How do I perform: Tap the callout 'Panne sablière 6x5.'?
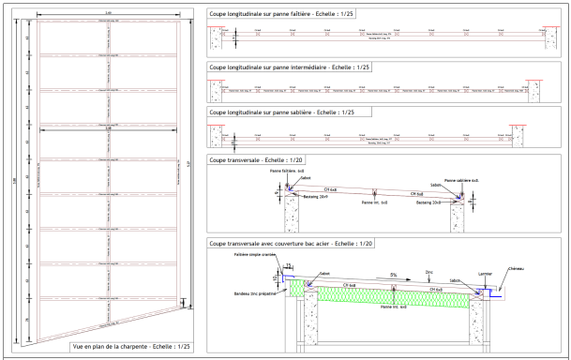tap(461, 179)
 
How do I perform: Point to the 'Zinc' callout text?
tap(428, 273)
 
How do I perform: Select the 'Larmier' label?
tap(484, 274)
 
